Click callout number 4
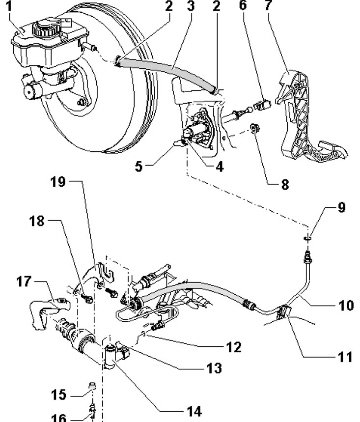219,167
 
